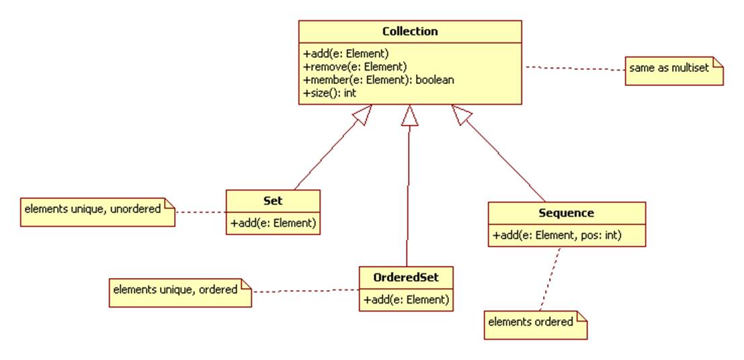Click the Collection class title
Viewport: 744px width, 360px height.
click(409, 32)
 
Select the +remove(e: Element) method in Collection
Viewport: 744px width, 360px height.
click(355, 66)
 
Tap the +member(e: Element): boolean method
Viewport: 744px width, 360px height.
click(378, 80)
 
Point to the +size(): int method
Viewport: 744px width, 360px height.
click(329, 93)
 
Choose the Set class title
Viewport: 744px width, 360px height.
click(272, 200)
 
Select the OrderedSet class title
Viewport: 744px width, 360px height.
click(406, 277)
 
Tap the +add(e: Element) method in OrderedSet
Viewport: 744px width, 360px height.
click(406, 300)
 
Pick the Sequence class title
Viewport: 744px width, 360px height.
click(566, 213)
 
